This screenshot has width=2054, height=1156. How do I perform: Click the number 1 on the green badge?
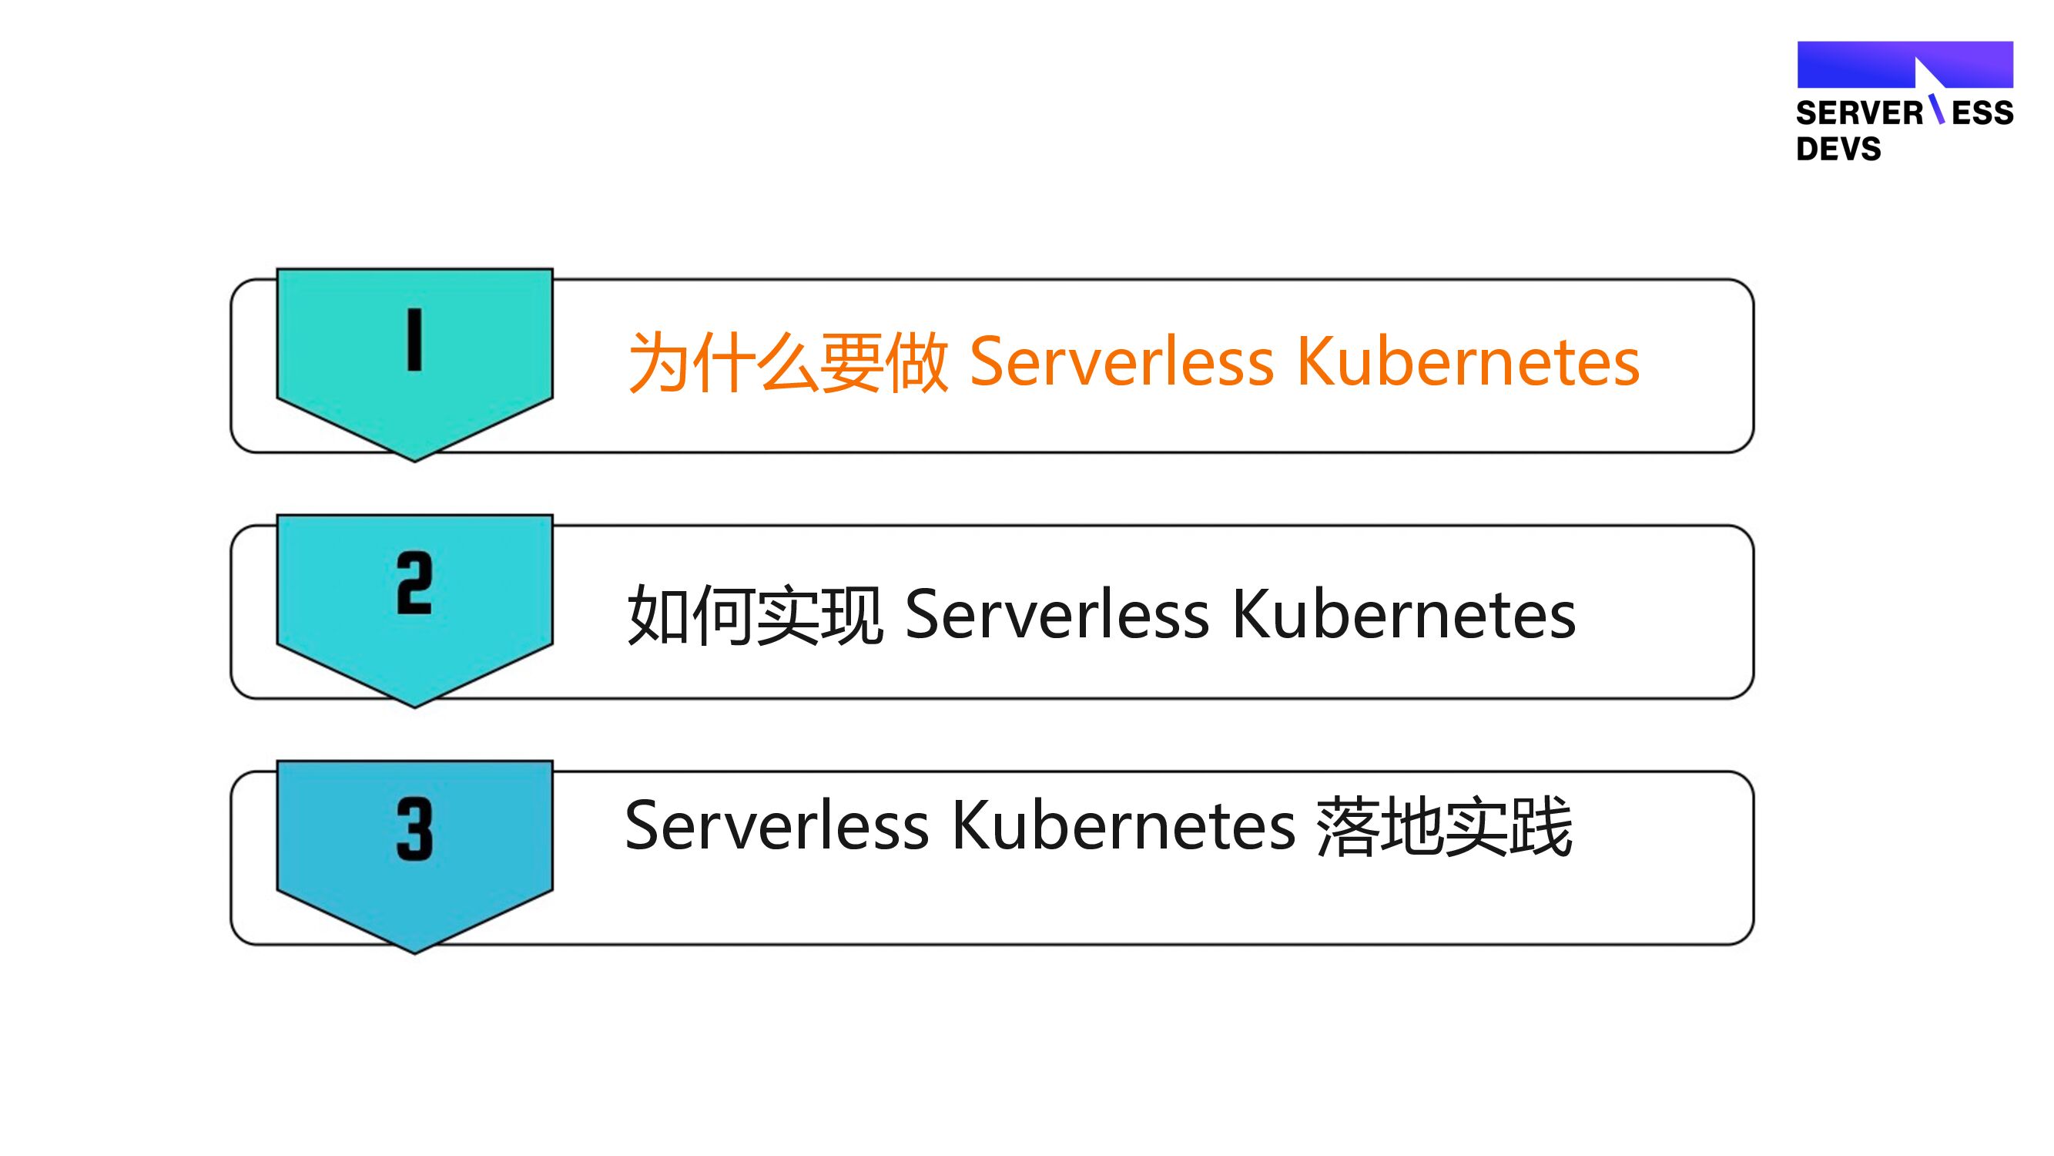tap(414, 340)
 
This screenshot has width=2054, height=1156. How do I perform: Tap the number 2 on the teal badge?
tap(414, 583)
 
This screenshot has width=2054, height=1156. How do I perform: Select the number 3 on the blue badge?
tap(414, 830)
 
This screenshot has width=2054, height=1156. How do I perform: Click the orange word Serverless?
tap(1121, 362)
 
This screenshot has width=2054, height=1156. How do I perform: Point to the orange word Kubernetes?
tap(1468, 362)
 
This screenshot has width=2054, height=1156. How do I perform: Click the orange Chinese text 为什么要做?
tap(788, 362)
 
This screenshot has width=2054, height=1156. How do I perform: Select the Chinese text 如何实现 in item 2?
tap(755, 615)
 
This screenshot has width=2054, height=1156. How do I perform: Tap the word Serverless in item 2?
tap(1057, 615)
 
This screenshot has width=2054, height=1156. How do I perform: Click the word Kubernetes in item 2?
tap(1404, 615)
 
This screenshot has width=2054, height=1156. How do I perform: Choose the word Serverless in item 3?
tap(776, 826)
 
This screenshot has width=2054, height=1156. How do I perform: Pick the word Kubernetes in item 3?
tap(1124, 826)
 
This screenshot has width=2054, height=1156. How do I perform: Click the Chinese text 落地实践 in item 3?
tap(1444, 826)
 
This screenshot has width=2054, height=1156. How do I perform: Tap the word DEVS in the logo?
tap(1838, 150)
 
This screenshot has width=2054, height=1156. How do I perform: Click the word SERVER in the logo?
tap(1859, 113)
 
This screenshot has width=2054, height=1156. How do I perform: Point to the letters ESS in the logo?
tap(1982, 113)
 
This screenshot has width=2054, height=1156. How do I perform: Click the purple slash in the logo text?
tap(1936, 109)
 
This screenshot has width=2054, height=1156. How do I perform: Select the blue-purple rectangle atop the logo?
tap(1858, 65)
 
